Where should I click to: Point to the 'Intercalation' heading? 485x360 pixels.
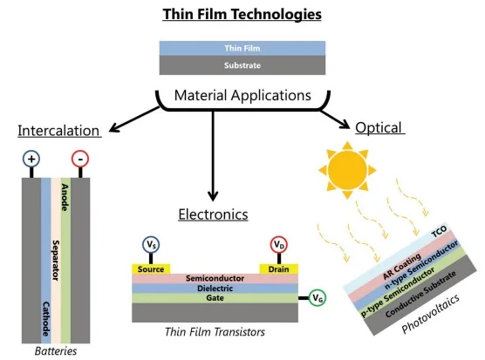pos(58,130)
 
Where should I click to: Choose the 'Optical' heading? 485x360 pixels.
pos(379,127)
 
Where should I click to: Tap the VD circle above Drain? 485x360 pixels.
pos(279,246)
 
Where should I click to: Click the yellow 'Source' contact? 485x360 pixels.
pos(152,268)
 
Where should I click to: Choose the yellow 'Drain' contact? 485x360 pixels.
pos(278,268)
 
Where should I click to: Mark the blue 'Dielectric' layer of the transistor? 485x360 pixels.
pos(215,289)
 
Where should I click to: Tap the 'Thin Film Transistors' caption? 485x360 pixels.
pos(214,331)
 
